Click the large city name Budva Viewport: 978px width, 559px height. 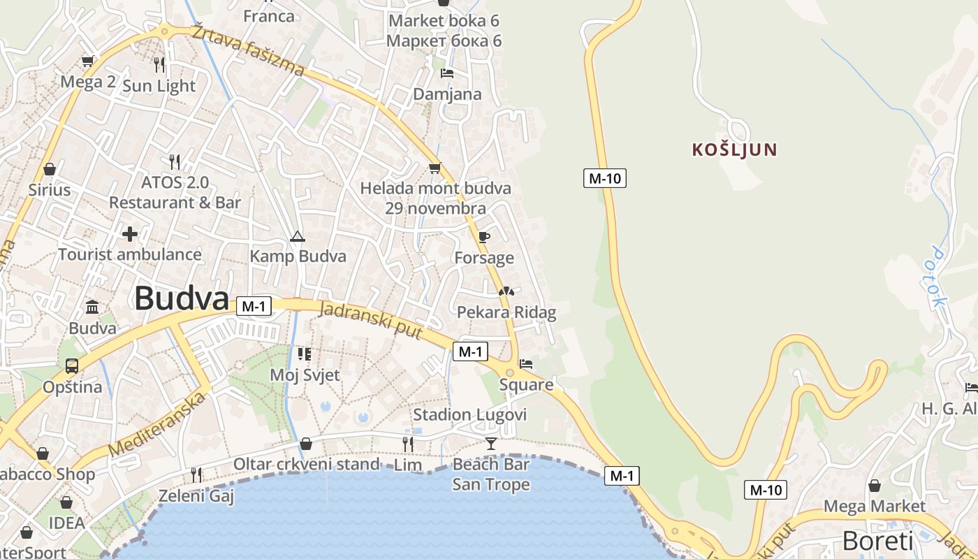[182, 298]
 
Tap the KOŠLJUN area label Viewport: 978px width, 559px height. [734, 150]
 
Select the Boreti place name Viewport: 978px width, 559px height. [877, 541]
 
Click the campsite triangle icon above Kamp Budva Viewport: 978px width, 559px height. [298, 236]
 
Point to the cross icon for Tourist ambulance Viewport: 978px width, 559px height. [130, 233]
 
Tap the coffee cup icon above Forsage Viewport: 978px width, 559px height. [483, 237]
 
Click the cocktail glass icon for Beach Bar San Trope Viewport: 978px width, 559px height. [491, 443]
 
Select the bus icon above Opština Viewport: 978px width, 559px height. [71, 365]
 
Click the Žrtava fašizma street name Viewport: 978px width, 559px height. [249, 50]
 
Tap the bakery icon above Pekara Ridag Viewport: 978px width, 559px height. [506, 291]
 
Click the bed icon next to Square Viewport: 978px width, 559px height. [526, 363]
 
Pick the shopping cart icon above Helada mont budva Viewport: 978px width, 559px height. [435, 168]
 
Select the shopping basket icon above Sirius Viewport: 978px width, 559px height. [49, 169]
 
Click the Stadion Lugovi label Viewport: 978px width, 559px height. [469, 415]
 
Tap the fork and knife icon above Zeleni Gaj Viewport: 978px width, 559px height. [196, 475]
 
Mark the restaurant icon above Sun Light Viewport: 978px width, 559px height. [159, 65]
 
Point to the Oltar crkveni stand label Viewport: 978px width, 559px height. [307, 464]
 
